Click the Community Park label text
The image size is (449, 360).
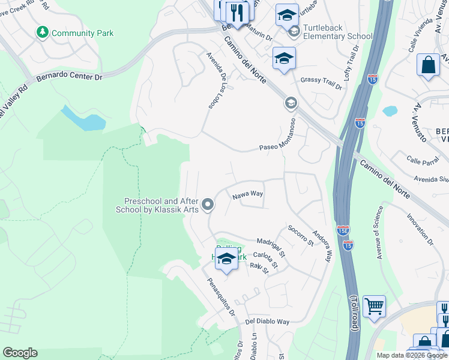[x=82, y=34]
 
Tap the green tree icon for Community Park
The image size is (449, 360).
[x=43, y=32]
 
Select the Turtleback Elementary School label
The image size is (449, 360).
[x=337, y=32]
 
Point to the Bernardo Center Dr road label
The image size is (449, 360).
[x=70, y=77]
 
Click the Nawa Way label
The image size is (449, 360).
[x=248, y=194]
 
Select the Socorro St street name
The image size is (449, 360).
[x=300, y=235]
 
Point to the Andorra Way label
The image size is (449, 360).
[x=321, y=247]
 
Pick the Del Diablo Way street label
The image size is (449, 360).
[x=267, y=322]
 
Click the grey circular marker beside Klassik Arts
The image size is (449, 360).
[x=208, y=205]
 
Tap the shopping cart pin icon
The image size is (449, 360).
[x=374, y=307]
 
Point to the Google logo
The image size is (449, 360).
[x=20, y=353]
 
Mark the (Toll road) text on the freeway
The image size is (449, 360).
[x=355, y=313]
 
